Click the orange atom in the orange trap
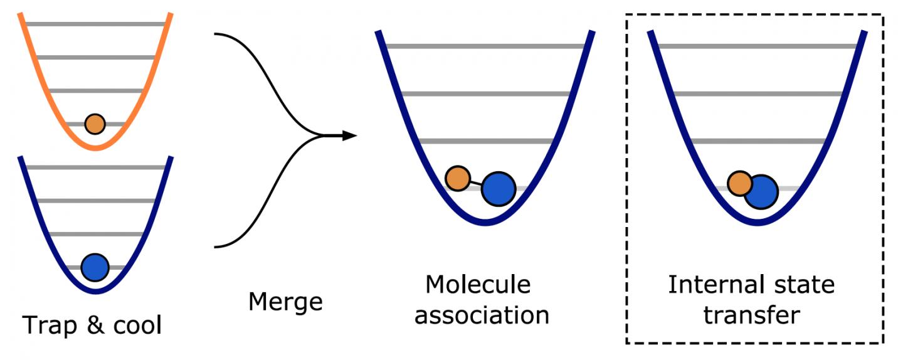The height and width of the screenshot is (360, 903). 95,124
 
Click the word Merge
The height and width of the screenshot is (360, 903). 285,302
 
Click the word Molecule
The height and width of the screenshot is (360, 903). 478,285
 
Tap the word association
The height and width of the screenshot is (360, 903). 482,314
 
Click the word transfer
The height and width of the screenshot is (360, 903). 751,314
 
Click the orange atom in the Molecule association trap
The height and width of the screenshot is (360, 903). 458,178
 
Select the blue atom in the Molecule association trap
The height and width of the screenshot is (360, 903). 499,188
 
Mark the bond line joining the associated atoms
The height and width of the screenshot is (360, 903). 476,183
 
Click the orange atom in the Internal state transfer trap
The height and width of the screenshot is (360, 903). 740,184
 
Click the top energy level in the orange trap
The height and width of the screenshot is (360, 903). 95,24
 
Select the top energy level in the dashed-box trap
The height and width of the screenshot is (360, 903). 758,46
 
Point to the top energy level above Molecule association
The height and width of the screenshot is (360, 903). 485,46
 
